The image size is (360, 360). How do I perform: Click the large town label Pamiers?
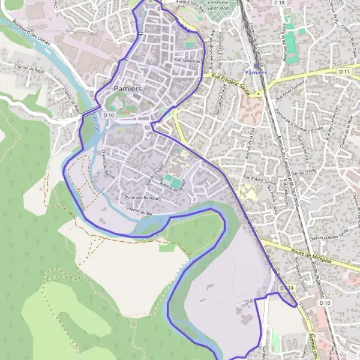127,89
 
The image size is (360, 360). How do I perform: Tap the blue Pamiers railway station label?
256,72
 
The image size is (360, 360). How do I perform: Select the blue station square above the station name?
256,65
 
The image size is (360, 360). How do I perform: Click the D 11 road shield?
344,71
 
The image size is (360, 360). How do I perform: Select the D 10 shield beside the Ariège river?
109,114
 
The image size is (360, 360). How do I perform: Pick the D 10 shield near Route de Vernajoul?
325,303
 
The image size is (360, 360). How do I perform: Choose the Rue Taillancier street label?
187,60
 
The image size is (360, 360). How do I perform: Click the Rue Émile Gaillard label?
293,89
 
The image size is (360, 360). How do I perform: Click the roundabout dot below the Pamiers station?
259,94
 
